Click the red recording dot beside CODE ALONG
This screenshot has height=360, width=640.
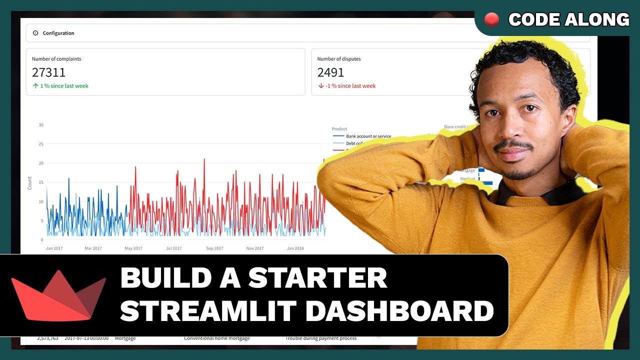click(x=492, y=19)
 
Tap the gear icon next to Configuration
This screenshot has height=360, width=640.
click(x=35, y=33)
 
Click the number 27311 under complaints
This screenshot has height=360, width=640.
click(x=48, y=72)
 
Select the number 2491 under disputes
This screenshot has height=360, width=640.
click(x=330, y=72)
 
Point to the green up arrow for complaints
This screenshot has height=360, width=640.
click(x=35, y=86)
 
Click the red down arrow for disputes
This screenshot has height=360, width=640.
click(x=320, y=86)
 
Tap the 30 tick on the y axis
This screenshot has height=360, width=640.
click(x=41, y=125)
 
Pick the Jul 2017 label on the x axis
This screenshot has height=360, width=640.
click(x=174, y=248)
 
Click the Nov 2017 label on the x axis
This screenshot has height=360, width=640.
click(x=255, y=248)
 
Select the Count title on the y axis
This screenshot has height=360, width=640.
click(x=29, y=182)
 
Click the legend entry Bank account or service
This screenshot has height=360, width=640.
click(x=368, y=136)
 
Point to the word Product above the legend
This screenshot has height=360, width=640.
click(x=339, y=129)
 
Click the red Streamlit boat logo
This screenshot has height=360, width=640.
click(x=58, y=295)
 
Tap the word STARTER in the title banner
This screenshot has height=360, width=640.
click(x=317, y=278)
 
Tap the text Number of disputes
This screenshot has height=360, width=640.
click(x=338, y=59)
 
